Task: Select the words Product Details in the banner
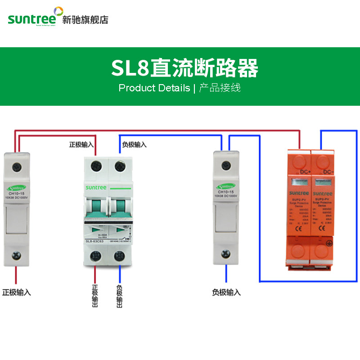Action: point(154,88)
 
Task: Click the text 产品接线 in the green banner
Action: point(220,88)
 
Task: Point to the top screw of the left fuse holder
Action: point(17,166)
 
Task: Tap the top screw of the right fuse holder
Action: point(225,166)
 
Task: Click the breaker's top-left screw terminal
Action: point(95,166)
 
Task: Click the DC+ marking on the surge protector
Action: point(305,172)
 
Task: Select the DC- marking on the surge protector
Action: point(328,172)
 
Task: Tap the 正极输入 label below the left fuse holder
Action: point(17,292)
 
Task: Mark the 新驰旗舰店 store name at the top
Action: point(85,20)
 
